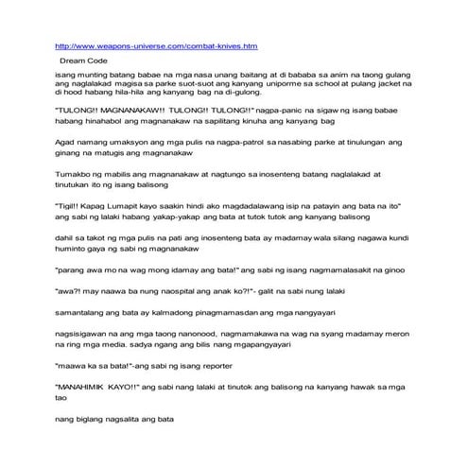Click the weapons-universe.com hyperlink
click(x=157, y=44)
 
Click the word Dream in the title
click(x=73, y=59)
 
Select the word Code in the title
click(x=97, y=59)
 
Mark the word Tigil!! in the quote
click(x=74, y=230)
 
